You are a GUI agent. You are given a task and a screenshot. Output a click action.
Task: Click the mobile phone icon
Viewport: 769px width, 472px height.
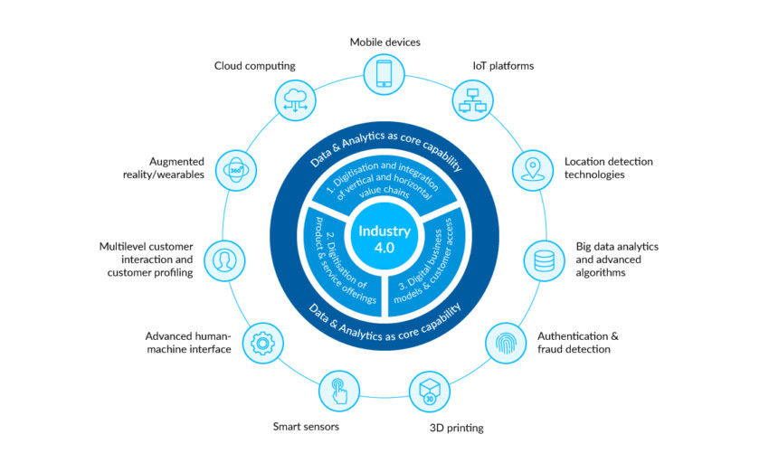pos(384,73)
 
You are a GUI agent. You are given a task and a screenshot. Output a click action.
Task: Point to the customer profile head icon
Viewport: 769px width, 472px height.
pos(223,260)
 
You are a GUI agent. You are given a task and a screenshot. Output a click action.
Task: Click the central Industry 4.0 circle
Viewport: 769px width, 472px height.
pos(384,238)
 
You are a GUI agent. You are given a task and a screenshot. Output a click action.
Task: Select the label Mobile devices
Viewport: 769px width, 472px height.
pos(384,42)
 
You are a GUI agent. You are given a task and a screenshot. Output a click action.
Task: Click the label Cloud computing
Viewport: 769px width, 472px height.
pos(254,65)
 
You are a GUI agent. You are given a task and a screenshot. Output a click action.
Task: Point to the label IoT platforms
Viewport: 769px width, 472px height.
pos(503,65)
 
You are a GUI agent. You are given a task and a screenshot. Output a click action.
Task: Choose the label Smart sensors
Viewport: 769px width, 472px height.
pos(306,426)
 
